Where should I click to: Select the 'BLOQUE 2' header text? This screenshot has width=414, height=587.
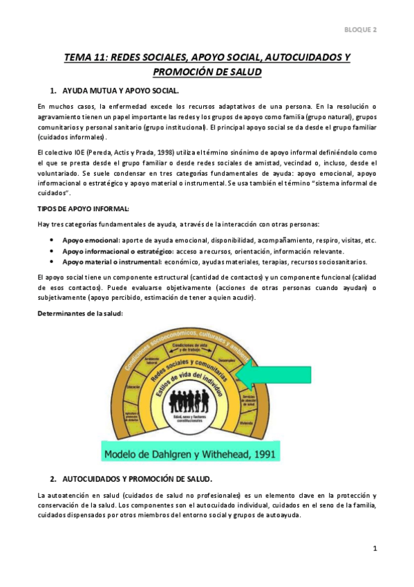(x=361, y=30)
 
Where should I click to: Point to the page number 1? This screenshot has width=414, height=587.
(x=374, y=548)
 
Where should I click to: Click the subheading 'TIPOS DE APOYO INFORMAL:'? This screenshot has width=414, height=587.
(x=83, y=208)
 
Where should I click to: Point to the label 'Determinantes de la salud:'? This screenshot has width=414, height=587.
(x=80, y=314)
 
